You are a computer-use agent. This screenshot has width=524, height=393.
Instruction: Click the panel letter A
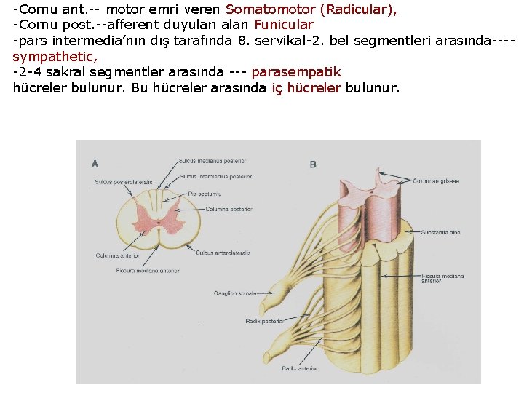pos(95,164)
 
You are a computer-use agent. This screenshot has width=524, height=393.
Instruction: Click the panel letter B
pos(313,165)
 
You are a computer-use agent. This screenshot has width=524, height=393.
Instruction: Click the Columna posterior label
pos(229,209)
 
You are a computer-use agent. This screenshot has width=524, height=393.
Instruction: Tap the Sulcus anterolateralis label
pos(223,253)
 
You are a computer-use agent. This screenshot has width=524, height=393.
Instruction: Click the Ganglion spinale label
pos(235,293)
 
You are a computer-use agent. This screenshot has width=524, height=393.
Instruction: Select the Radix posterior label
pos(264,320)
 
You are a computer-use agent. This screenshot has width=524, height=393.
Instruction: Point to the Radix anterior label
pos(300,368)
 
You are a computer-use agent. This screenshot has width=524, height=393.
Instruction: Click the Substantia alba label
pos(440,233)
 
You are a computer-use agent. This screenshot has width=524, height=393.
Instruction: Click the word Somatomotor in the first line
pos(270,10)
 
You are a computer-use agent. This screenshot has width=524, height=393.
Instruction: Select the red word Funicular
pos(284,24)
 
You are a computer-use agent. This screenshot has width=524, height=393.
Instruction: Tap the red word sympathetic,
pos(55,56)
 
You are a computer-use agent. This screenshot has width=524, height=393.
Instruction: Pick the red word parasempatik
pos(295,72)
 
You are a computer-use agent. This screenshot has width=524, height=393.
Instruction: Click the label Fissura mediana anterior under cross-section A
pos(148,271)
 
